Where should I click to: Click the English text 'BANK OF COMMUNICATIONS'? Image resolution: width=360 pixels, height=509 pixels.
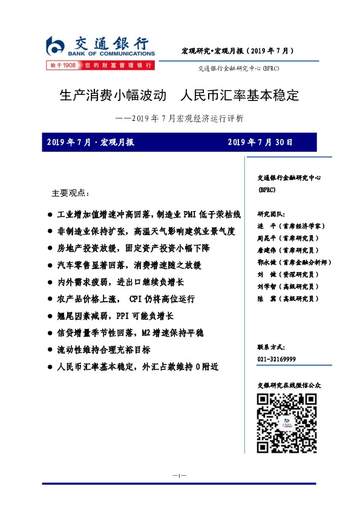point(113,54)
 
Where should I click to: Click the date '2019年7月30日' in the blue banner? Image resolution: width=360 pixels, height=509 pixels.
point(260,143)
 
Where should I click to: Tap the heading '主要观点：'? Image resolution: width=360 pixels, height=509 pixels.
point(70,193)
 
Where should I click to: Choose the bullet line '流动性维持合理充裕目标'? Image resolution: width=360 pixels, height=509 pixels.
point(103,349)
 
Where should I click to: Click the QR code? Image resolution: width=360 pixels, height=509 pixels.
point(287,423)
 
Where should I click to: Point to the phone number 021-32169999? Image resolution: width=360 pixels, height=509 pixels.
point(277,358)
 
